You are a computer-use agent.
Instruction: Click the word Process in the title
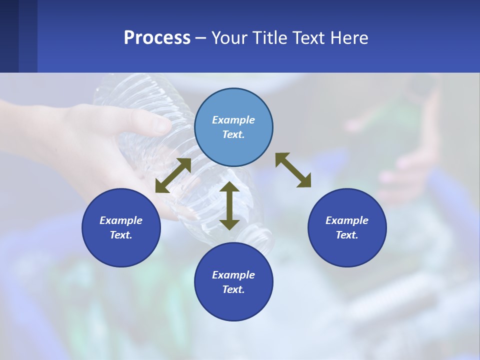[157, 38]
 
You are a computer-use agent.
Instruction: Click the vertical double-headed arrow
[229, 205]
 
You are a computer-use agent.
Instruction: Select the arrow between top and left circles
[173, 175]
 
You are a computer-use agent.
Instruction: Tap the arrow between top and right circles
[293, 170]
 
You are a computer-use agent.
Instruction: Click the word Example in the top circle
[233, 120]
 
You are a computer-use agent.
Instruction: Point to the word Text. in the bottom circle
[233, 289]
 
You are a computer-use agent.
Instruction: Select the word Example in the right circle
[347, 220]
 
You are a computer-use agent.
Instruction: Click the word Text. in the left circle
[121, 235]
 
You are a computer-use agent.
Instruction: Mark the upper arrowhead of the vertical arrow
[229, 187]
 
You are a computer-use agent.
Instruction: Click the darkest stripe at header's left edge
[9, 36]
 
